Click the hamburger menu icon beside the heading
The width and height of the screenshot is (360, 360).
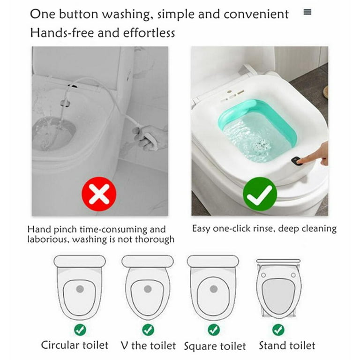click(307, 13)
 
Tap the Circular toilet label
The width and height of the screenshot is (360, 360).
click(75, 345)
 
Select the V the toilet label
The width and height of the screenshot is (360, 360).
click(148, 346)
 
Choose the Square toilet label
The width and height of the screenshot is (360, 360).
click(215, 346)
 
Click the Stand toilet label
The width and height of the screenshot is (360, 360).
click(287, 346)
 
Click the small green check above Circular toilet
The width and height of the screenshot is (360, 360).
click(80, 330)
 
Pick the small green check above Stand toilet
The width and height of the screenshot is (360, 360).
click(278, 330)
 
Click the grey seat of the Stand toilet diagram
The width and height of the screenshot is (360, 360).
click(278, 295)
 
